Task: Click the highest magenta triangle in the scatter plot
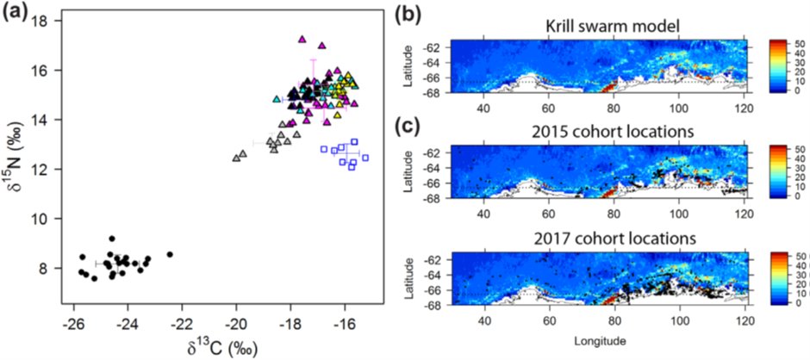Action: point(302,39)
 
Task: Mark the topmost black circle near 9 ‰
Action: point(112,239)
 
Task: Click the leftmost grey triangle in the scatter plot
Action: point(237,158)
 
